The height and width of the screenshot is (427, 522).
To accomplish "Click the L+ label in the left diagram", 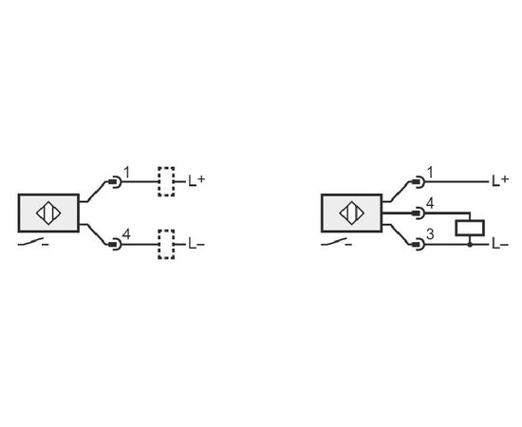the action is click(196, 180).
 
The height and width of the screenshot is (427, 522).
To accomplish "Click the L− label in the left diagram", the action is click(196, 244).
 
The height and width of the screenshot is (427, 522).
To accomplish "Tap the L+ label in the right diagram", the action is click(500, 180).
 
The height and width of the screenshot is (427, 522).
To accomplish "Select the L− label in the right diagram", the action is click(500, 245).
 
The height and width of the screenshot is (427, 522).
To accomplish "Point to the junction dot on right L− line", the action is click(470, 245).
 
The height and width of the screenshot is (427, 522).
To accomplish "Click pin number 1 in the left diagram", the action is click(126, 173).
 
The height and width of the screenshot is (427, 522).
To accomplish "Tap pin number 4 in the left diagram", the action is click(126, 234).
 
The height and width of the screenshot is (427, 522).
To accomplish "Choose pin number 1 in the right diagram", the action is click(430, 173).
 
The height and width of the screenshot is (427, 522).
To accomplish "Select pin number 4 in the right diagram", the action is click(430, 203).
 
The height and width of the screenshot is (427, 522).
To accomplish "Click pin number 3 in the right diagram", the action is click(430, 234).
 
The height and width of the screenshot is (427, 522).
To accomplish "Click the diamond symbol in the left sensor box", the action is click(48, 213).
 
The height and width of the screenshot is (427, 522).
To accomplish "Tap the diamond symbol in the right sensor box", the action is click(352, 213).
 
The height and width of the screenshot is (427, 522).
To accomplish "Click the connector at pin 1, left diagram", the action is click(115, 182).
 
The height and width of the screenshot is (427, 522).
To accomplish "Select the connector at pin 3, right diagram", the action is click(419, 245).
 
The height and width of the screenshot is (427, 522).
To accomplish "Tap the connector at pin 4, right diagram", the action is click(419, 213).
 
